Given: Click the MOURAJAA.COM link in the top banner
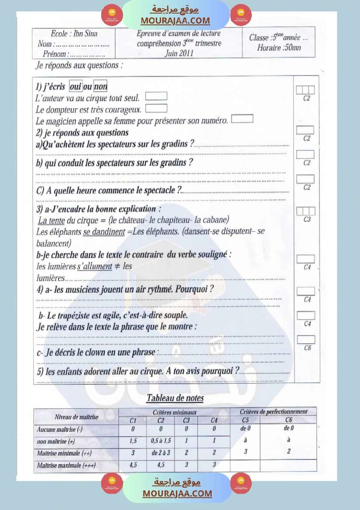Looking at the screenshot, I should (175, 21).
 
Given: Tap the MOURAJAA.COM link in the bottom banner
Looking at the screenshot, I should (177, 493).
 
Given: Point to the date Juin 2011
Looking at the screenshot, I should (179, 53).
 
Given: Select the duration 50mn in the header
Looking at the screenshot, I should (292, 48).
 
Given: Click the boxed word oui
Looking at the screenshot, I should (75, 87).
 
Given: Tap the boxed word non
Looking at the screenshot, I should (101, 87).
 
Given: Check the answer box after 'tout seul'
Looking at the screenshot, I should (156, 96).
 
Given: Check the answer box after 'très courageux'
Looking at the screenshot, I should (156, 108).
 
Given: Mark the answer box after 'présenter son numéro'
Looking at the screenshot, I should (242, 118).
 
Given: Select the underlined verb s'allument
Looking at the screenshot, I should (95, 266).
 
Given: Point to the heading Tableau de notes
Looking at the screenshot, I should (175, 398).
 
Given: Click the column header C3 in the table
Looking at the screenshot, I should (186, 421).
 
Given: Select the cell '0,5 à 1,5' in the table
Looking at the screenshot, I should (160, 441).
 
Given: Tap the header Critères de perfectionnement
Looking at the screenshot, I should (274, 411).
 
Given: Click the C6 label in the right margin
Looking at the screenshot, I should (307, 348).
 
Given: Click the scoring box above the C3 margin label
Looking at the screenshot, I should (306, 211).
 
